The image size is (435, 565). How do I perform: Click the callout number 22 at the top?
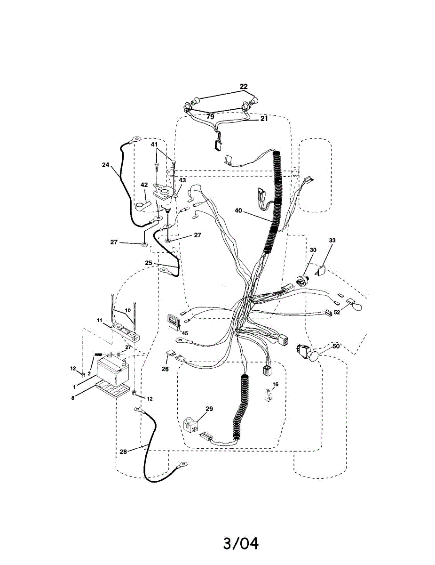[243, 87]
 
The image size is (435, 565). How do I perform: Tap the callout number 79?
[210, 116]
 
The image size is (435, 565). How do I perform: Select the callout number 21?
[264, 119]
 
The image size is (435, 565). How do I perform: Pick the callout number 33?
[332, 241]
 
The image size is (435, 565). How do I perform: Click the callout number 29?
[209, 409]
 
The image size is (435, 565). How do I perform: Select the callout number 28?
[123, 452]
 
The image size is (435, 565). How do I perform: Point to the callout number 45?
[185, 333]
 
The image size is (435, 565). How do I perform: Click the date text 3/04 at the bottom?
[241, 543]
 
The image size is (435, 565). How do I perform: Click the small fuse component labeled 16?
[269, 394]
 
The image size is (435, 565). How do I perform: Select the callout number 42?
[144, 185]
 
